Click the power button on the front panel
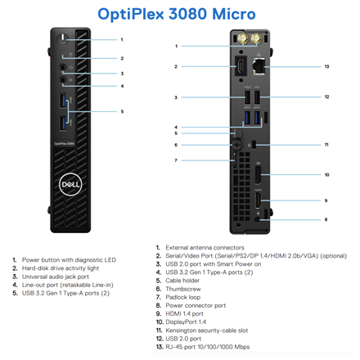pos(63,38)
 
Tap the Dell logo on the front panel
pos(70,184)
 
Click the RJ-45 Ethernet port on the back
pos(259,65)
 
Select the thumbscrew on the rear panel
pos(237,145)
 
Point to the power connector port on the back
pos(257,219)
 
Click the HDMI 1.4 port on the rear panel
pos(258,201)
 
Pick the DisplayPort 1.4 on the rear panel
pos(258,174)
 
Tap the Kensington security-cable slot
pos(254,145)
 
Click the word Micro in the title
pos(234,14)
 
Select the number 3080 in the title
pos(187,14)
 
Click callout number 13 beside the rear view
pos(326,66)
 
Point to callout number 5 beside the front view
pos(122,111)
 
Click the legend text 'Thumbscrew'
pos(183,289)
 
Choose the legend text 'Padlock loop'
pos(182,297)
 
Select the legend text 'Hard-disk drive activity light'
pos(61,268)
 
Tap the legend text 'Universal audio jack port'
pos(56,277)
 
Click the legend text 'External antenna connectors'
pos(205,248)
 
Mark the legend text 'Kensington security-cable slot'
pos(207,331)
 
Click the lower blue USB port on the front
pos(63,124)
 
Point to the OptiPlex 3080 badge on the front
pos(64,143)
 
